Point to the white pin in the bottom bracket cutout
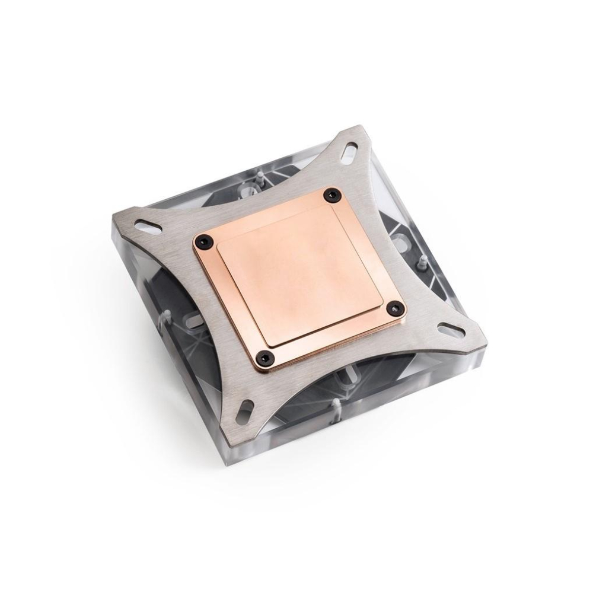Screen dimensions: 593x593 coord(336,407)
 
